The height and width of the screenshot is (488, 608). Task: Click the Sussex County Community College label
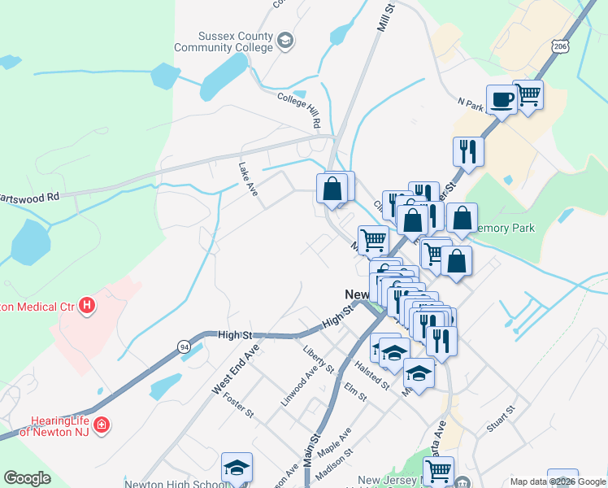(x=235, y=41)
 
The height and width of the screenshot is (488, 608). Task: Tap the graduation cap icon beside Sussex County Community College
(x=284, y=39)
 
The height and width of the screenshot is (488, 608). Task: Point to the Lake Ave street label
(x=247, y=178)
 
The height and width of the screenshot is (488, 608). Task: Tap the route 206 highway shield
(x=559, y=48)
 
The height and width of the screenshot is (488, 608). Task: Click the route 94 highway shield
(x=185, y=346)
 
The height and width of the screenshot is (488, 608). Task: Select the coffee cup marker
(x=501, y=99)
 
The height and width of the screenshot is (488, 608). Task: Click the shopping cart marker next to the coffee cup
(x=528, y=94)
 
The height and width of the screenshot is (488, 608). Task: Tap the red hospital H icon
(x=87, y=307)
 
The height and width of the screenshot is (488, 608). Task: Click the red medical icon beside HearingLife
(x=102, y=425)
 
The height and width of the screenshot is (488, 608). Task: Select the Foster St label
(x=238, y=405)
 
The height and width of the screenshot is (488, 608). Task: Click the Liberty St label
(x=318, y=358)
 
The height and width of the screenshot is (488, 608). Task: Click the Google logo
(x=27, y=478)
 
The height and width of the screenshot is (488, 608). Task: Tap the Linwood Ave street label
(x=297, y=386)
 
